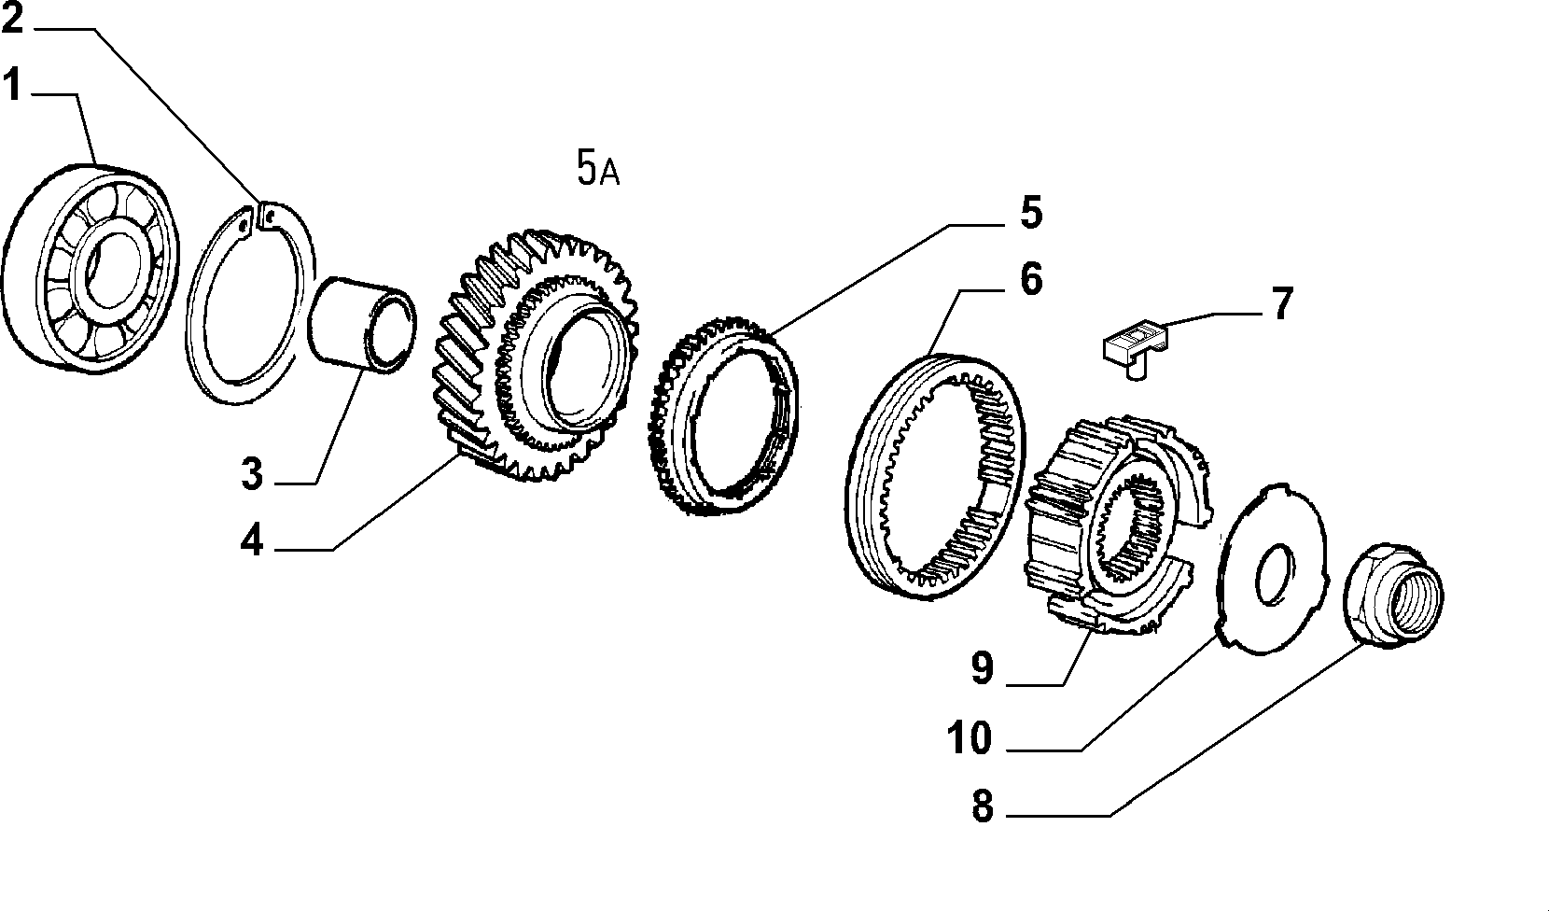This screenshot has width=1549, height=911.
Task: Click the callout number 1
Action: tap(11, 85)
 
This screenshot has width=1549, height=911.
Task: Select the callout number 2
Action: tap(12, 19)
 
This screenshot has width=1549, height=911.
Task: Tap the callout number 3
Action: tap(252, 474)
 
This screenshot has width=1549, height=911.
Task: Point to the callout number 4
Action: tap(252, 540)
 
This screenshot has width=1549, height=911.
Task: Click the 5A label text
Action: tap(598, 168)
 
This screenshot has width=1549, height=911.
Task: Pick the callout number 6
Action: tap(1031, 279)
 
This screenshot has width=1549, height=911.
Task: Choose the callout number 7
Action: tap(1281, 303)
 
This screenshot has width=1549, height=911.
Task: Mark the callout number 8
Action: tap(983, 806)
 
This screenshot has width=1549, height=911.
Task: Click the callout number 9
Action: tap(983, 667)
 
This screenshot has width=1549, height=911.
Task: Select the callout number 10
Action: tap(970, 737)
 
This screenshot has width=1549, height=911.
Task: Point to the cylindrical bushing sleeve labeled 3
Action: tap(362, 325)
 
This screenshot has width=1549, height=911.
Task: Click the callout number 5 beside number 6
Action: tap(1031, 213)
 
